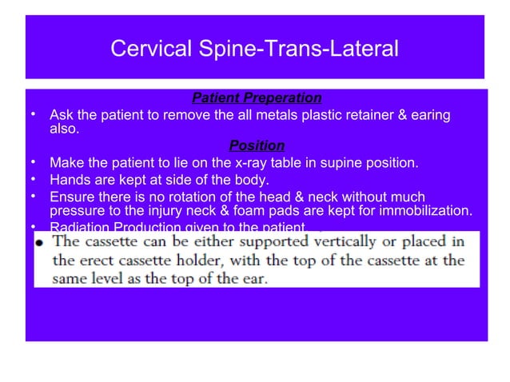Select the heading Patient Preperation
tap(257, 98)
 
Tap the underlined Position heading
tap(257, 145)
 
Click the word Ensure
tap(71, 197)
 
